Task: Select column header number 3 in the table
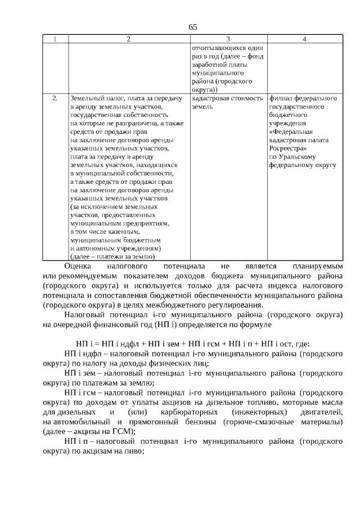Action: [x=228, y=39]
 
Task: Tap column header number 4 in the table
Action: [x=304, y=39]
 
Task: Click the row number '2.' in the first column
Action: [x=55, y=98]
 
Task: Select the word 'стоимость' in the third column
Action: [x=248, y=98]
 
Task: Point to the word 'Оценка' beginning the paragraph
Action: [x=78, y=265]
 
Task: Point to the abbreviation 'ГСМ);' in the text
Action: [x=124, y=431]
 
